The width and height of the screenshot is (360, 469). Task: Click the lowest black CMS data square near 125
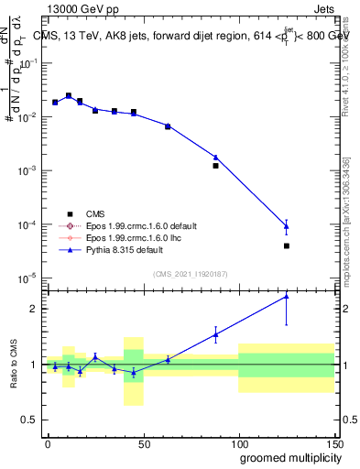click(x=287, y=245)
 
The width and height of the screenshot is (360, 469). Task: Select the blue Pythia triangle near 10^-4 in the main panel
click(x=287, y=226)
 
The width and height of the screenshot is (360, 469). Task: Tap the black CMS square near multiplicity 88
click(x=216, y=166)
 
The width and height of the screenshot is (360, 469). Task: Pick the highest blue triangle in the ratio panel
click(x=287, y=296)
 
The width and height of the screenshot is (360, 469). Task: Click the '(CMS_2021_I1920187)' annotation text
click(x=189, y=274)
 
